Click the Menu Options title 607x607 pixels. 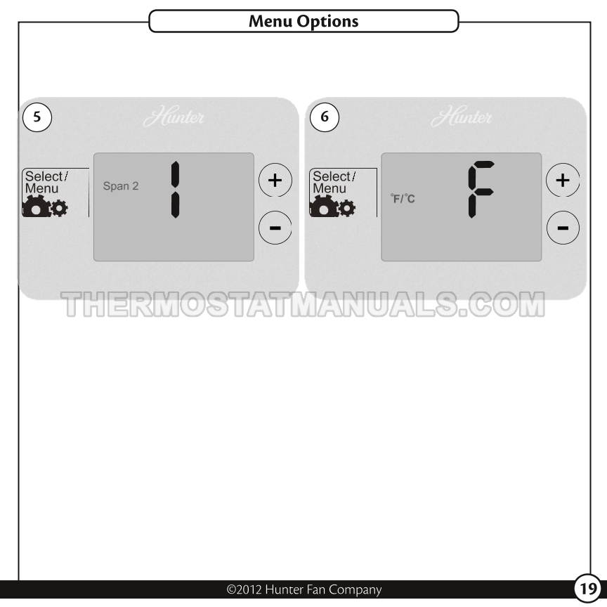click(x=303, y=21)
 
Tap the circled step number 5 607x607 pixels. click(x=37, y=117)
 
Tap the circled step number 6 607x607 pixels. click(x=325, y=117)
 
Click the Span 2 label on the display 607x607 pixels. click(x=121, y=186)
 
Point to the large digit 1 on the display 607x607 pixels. click(x=176, y=189)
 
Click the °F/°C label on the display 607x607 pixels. click(x=403, y=199)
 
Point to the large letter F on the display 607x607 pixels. click(x=481, y=189)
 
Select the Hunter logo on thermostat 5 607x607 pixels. click(x=174, y=116)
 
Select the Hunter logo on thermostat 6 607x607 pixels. click(x=462, y=116)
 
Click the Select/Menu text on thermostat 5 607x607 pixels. click(x=46, y=183)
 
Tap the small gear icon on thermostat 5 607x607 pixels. click(x=59, y=208)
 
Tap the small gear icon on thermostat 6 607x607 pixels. click(x=347, y=208)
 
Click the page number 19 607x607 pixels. click(x=587, y=589)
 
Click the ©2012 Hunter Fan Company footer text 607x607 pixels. click(x=304, y=589)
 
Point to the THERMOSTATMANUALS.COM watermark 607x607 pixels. click(x=303, y=305)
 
